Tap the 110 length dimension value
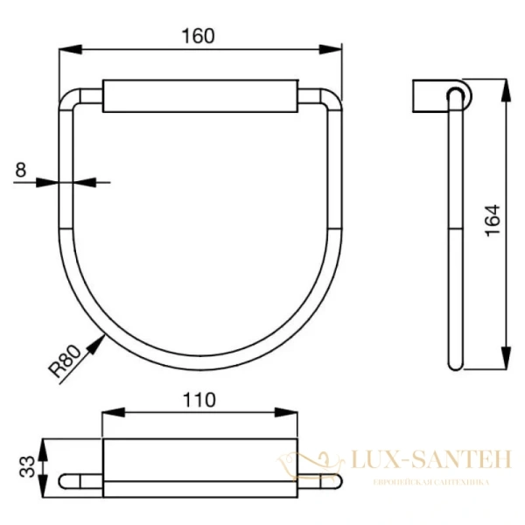(199, 401)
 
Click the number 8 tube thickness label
(19, 171)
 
